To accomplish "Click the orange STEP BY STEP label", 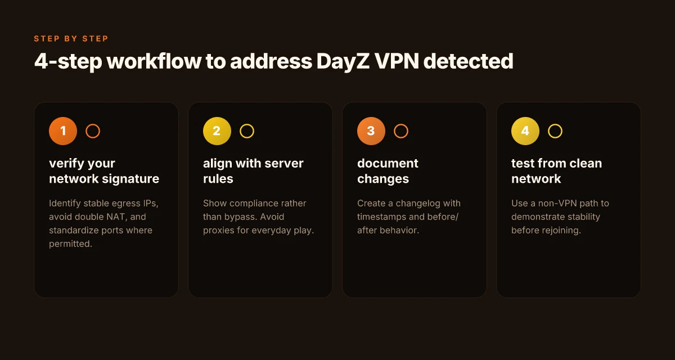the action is pos(71,39).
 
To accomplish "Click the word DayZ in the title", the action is pos(343,61).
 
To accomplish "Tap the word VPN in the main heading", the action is pos(397,61).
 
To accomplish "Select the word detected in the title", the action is pos(468,61).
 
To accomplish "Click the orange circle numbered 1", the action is pos(63,131).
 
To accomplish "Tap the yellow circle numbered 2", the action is pos(217,131).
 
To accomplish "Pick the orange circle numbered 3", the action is pos(371,131).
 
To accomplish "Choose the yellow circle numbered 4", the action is pos(525,131).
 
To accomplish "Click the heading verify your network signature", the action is pos(104,171).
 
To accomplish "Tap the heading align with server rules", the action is pos(253,171).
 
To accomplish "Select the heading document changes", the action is pos(388,171).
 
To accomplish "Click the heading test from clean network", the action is pos(556,171).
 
